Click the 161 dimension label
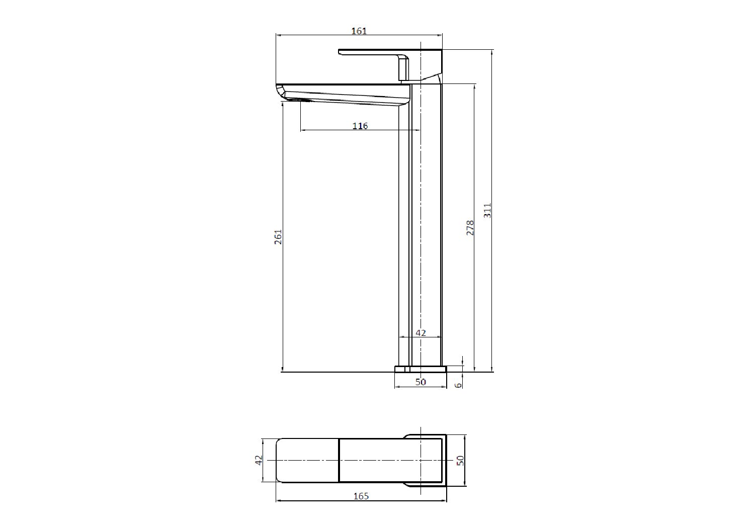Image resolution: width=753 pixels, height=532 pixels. (x=359, y=31)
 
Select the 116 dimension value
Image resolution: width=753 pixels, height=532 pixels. (x=360, y=126)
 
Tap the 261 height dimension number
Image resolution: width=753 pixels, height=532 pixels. (x=278, y=237)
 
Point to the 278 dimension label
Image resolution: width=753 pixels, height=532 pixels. (x=470, y=228)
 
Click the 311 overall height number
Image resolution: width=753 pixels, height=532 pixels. (x=487, y=210)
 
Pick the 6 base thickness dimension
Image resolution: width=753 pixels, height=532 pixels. (x=459, y=385)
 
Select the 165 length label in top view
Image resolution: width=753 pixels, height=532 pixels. (x=361, y=496)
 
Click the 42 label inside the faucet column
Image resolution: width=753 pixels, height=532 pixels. (x=421, y=333)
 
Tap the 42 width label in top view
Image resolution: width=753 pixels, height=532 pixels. (x=258, y=460)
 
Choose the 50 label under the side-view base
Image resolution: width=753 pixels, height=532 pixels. (x=421, y=382)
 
